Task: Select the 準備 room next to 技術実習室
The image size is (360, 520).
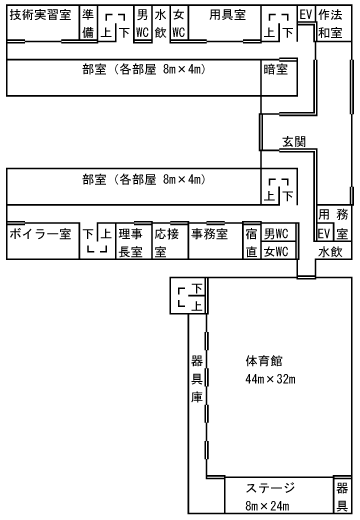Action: tap(88, 24)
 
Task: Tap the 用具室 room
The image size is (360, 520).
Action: tap(227, 16)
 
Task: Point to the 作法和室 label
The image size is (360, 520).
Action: tap(334, 24)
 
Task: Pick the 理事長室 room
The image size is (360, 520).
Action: tap(131, 242)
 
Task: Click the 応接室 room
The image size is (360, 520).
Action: tap(166, 242)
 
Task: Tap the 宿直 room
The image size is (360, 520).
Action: tap(252, 242)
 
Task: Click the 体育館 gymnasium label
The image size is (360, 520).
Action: tap(263, 360)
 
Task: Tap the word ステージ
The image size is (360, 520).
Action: tap(271, 487)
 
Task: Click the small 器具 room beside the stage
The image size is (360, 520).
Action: tap(343, 496)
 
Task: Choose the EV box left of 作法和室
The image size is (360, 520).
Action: tap(306, 15)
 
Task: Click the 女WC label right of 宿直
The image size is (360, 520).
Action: tap(276, 251)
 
